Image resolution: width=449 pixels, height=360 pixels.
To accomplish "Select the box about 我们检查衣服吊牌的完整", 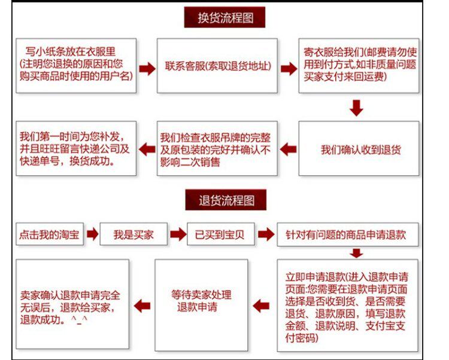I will [x=217, y=149].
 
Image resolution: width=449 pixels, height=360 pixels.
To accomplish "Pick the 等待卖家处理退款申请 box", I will [x=201, y=300].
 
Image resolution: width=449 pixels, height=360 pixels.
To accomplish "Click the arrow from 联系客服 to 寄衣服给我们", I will [x=289, y=68].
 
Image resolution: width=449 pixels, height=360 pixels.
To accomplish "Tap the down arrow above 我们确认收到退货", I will [x=357, y=108].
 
